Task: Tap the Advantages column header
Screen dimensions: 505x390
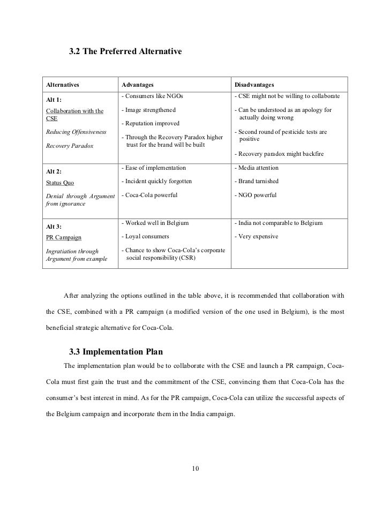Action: point(138,85)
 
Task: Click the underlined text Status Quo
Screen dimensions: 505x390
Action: point(61,183)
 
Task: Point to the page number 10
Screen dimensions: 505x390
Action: point(195,470)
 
